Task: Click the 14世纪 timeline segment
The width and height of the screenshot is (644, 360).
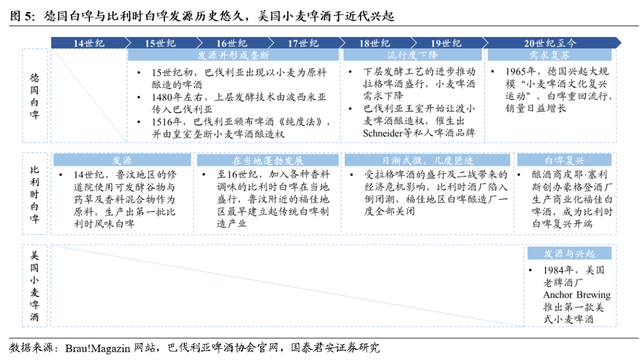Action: point(89,43)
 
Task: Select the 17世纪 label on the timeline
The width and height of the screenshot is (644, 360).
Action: point(303,43)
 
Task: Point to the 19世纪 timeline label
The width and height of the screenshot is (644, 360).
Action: point(446,43)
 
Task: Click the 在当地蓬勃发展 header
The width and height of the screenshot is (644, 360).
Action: point(268,161)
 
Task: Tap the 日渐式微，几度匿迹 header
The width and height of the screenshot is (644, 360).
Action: point(428,161)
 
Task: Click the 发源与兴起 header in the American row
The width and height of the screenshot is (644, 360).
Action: point(569,254)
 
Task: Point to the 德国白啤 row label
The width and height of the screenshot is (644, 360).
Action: point(35,96)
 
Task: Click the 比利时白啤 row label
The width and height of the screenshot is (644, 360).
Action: point(35,194)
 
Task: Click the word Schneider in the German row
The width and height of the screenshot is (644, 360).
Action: point(387,133)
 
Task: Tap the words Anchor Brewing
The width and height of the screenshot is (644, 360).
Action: point(576,295)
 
